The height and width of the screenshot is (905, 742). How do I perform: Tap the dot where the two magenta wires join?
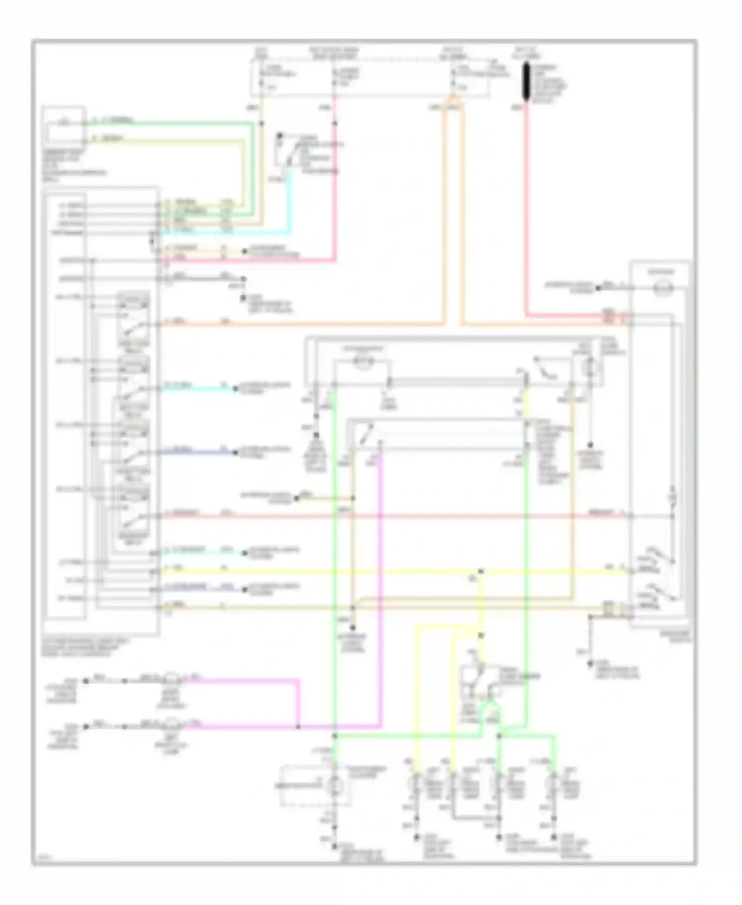(x=298, y=727)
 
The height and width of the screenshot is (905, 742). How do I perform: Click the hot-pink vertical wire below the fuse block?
(x=335, y=188)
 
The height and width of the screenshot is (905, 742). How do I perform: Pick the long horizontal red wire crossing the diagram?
(x=396, y=516)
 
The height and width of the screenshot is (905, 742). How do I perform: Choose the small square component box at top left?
(x=63, y=124)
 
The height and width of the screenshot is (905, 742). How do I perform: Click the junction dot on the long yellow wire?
(x=480, y=571)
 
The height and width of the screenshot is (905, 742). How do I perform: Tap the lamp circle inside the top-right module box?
(x=661, y=288)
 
